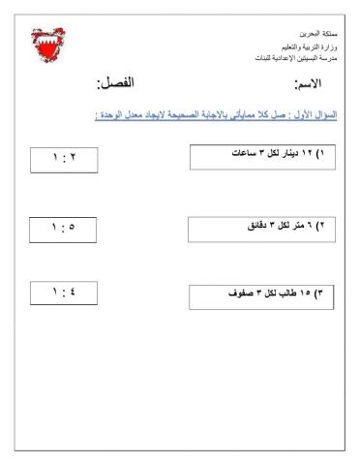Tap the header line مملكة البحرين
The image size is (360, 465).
coord(315,32)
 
